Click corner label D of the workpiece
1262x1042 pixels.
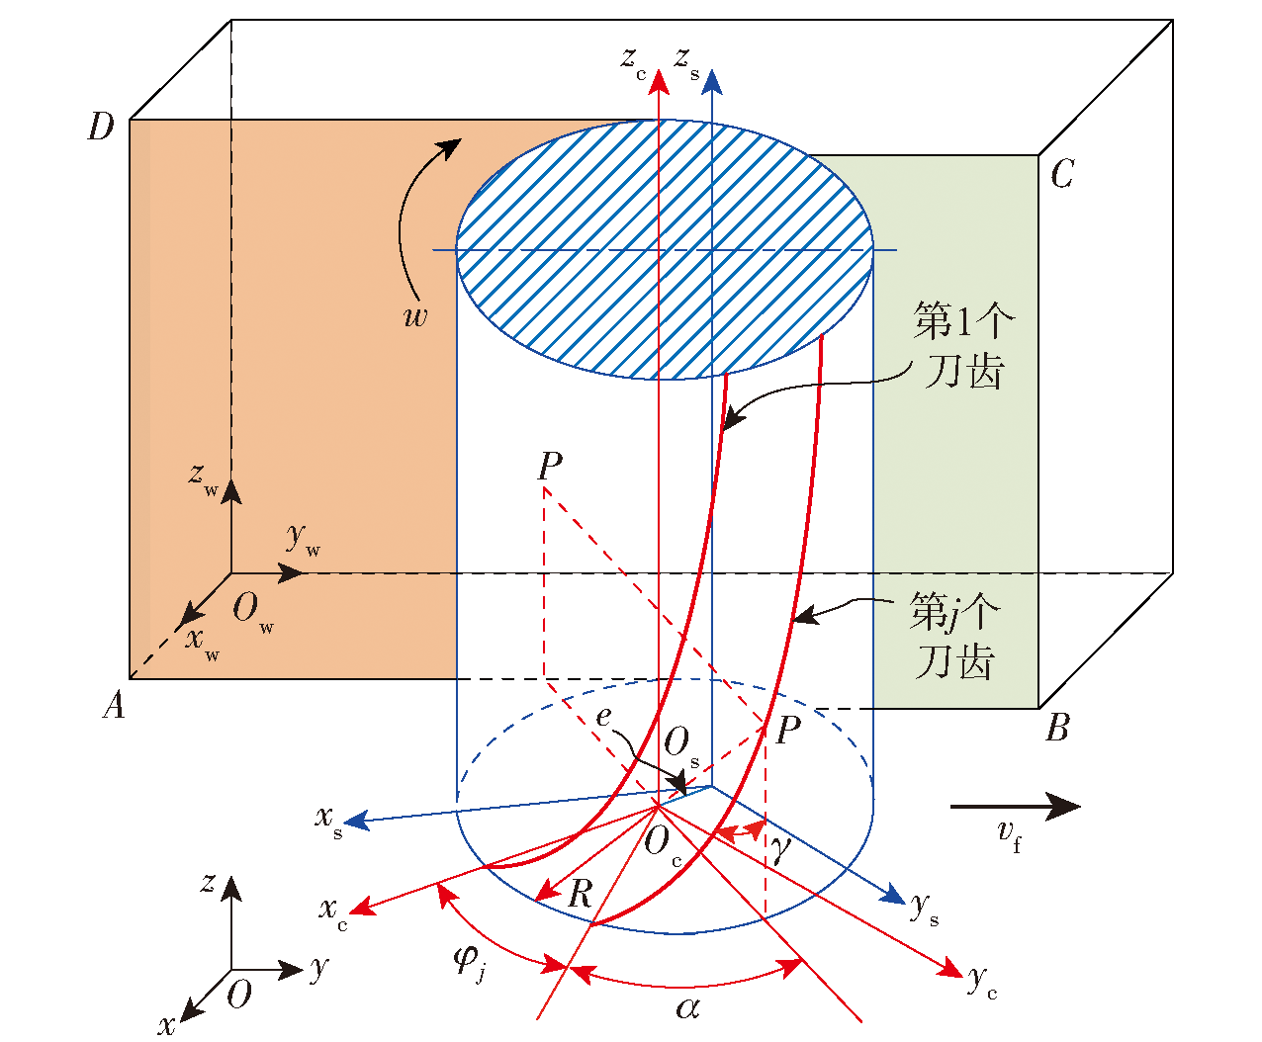coord(101,127)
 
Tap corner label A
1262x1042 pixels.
coord(114,704)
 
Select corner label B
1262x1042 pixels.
coord(1057,727)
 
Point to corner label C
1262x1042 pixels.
coord(1062,173)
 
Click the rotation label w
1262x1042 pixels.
coord(415,316)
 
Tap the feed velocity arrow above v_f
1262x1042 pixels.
coord(1016,806)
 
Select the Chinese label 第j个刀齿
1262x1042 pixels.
coord(955,635)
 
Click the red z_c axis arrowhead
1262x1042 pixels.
coord(659,82)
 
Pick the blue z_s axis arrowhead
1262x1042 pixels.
coord(712,82)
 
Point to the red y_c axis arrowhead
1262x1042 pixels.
coord(949,967)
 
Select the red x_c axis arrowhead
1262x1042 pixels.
coord(363,906)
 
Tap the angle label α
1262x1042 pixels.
coord(687,1007)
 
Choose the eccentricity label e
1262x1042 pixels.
coord(603,717)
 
